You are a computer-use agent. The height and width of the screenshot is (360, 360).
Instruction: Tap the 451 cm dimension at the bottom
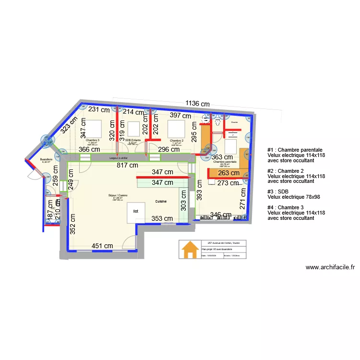coord(102,246)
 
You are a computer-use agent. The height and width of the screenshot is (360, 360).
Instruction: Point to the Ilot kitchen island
coord(136,211)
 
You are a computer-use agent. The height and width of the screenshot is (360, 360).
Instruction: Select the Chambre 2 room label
coord(177,141)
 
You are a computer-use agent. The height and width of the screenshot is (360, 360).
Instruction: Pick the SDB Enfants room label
coord(132,140)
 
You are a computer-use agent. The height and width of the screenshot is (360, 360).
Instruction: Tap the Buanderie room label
coord(46,159)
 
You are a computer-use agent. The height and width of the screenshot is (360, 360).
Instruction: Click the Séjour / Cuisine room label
coord(118,195)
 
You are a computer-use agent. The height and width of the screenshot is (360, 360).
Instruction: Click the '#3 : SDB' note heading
coord(278,191)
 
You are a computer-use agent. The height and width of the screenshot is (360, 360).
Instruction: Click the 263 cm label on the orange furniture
coord(228,173)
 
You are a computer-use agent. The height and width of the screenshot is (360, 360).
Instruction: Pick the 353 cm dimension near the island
coord(162,218)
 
